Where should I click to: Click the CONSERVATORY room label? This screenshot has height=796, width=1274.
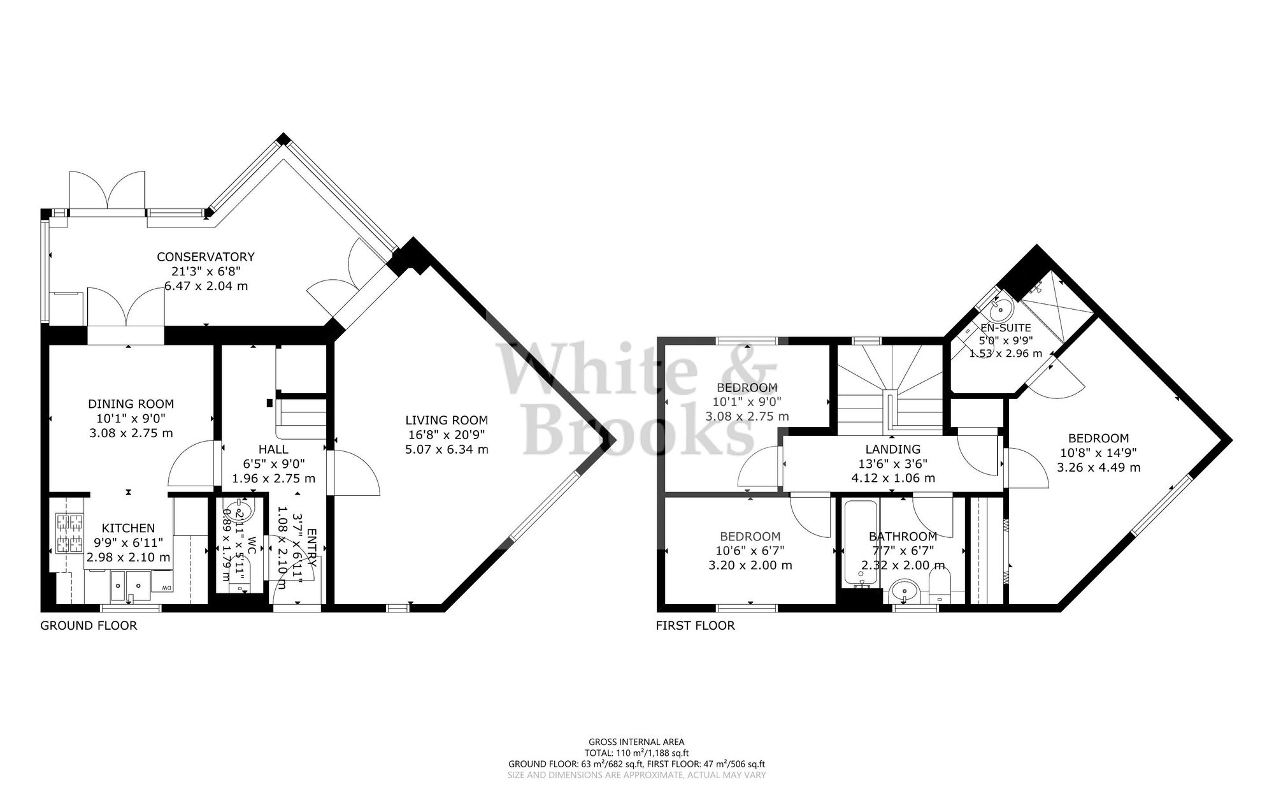tap(206, 257)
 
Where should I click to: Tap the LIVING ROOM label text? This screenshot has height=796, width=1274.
tap(447, 420)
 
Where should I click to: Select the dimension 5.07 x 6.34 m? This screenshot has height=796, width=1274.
tap(447, 449)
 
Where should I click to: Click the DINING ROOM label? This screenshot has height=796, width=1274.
tap(131, 403)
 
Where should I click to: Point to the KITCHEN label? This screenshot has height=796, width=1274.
tap(129, 528)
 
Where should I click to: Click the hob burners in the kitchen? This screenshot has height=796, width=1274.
tap(70, 533)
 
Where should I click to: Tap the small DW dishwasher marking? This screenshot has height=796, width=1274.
tap(166, 588)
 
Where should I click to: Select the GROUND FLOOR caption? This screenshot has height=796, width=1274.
tap(89, 625)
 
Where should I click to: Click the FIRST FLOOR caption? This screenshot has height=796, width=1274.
tap(695, 625)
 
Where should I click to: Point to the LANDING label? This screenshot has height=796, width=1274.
tap(892, 449)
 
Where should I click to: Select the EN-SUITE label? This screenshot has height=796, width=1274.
tap(1005, 328)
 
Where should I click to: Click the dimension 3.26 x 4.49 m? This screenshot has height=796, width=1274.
tap(1098, 467)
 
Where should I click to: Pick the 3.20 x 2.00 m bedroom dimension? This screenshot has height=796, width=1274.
tap(750, 565)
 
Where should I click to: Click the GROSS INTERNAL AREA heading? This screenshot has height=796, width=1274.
tap(636, 741)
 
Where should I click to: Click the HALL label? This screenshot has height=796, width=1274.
tap(273, 449)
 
